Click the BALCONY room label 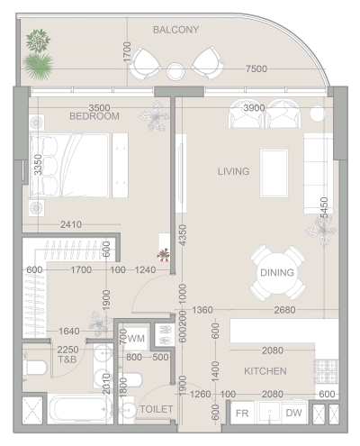pos(175,30)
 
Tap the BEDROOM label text pos(94,116)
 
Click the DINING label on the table pos(276,272)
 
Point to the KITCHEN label pos(265,370)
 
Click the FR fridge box pos(242,414)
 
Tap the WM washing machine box pos(136,338)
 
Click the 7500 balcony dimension pos(256,69)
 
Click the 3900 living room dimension pos(255,107)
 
